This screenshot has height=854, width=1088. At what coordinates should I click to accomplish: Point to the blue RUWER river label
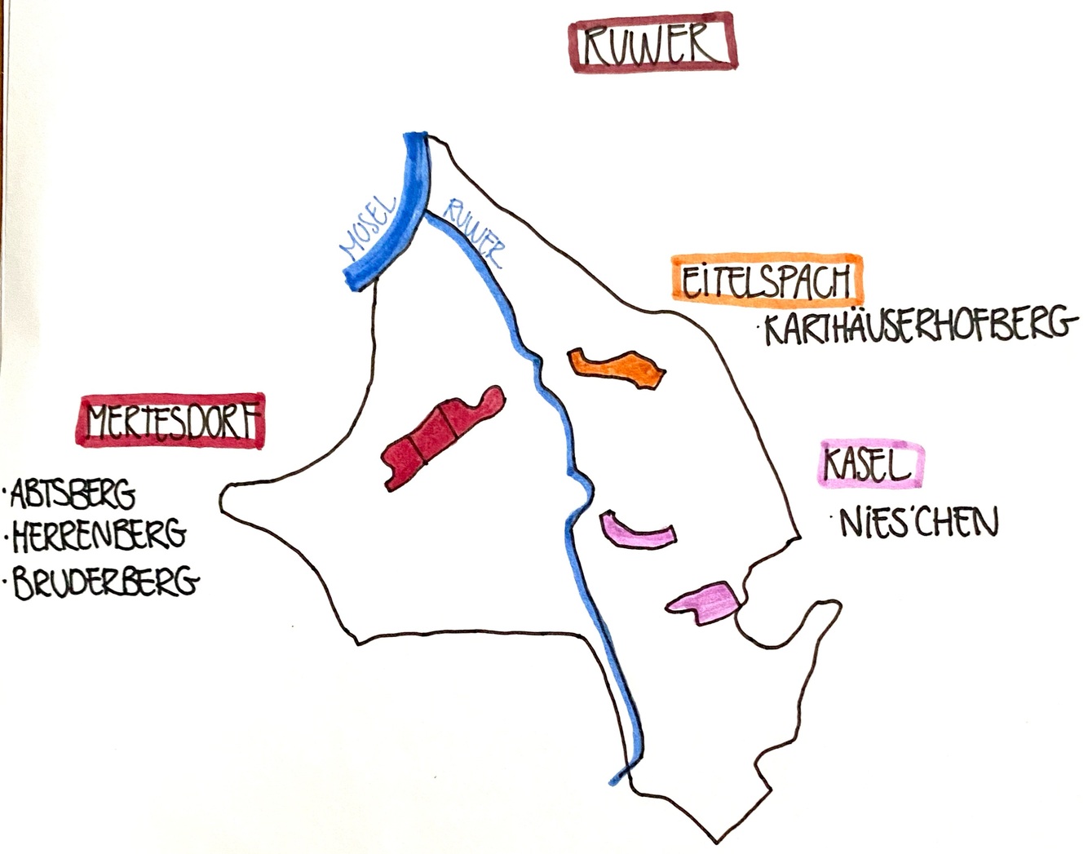(x=473, y=234)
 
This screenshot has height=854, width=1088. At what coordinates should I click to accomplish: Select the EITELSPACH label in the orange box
(x=767, y=280)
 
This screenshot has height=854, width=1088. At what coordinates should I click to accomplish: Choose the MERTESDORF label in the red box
(x=172, y=422)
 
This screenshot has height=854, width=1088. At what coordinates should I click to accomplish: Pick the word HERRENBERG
(x=99, y=535)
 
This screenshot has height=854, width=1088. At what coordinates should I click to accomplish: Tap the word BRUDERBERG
(x=106, y=582)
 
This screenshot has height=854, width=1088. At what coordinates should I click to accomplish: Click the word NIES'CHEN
(x=918, y=523)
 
